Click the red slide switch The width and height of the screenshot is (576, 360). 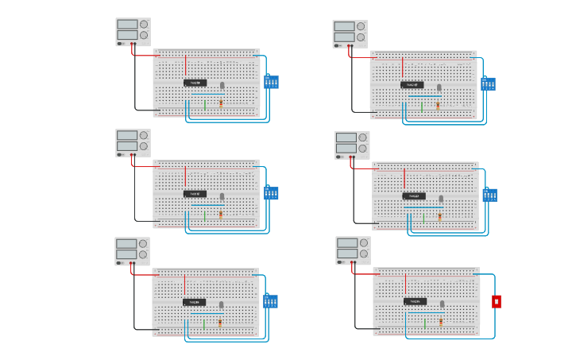point(497,301)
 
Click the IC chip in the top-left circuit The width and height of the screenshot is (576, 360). point(195,83)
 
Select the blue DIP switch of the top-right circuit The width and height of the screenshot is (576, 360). point(488,83)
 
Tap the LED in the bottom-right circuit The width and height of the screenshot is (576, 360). point(443,304)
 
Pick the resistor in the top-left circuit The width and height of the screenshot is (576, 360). point(221,103)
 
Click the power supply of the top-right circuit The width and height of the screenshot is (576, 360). point(350,33)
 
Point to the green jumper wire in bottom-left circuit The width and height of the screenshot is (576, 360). point(203,323)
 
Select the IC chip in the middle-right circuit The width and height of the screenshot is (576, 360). point(413,195)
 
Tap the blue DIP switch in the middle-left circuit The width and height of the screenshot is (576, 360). point(271,193)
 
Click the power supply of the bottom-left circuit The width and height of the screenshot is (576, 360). point(132,250)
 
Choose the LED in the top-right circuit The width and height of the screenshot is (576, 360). point(439,87)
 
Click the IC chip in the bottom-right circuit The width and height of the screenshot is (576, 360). point(414,301)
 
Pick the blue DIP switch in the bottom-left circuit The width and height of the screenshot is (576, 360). point(270,302)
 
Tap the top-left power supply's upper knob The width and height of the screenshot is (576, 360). point(144,24)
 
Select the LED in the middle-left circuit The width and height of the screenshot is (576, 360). point(222,196)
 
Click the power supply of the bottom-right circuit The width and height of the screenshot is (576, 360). point(353,250)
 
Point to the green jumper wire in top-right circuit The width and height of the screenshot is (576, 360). point(421,106)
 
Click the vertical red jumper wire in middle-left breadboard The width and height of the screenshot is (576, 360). point(185,176)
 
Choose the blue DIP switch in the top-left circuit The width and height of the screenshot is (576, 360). point(271,82)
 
